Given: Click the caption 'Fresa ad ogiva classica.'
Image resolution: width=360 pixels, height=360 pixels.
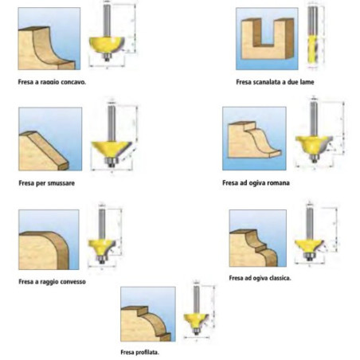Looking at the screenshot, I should pos(260,278).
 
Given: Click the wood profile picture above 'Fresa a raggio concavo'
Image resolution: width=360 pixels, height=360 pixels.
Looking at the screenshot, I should pos(49,40).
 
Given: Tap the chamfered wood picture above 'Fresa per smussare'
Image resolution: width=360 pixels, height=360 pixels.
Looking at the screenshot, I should pos(49,140).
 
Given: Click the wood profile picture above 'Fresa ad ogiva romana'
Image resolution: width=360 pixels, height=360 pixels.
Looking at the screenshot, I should pos(254,140).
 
